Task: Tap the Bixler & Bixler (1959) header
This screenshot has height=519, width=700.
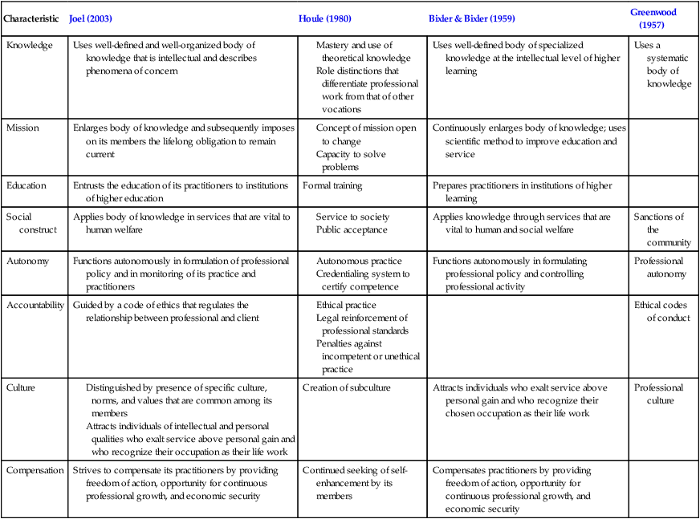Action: click(472, 18)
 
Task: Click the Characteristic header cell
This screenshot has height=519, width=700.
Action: click(32, 18)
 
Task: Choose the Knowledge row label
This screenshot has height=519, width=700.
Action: click(30, 45)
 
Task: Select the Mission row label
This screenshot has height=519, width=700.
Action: click(24, 127)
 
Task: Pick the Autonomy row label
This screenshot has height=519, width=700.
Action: click(28, 261)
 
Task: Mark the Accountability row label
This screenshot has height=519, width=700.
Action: click(35, 305)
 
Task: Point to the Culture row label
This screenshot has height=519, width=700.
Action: click(22, 387)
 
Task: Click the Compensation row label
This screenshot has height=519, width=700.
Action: click(35, 470)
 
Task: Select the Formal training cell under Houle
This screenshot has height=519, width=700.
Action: click(332, 185)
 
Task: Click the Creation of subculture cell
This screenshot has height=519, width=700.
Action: click(348, 387)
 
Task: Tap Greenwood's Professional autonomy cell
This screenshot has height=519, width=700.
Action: click(660, 267)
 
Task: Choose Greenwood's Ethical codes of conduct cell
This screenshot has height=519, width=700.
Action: click(661, 311)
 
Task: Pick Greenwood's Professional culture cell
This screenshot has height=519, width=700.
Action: click(660, 394)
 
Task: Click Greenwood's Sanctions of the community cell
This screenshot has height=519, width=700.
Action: click(660, 229)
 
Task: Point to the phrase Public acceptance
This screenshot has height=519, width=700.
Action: click(352, 229)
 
